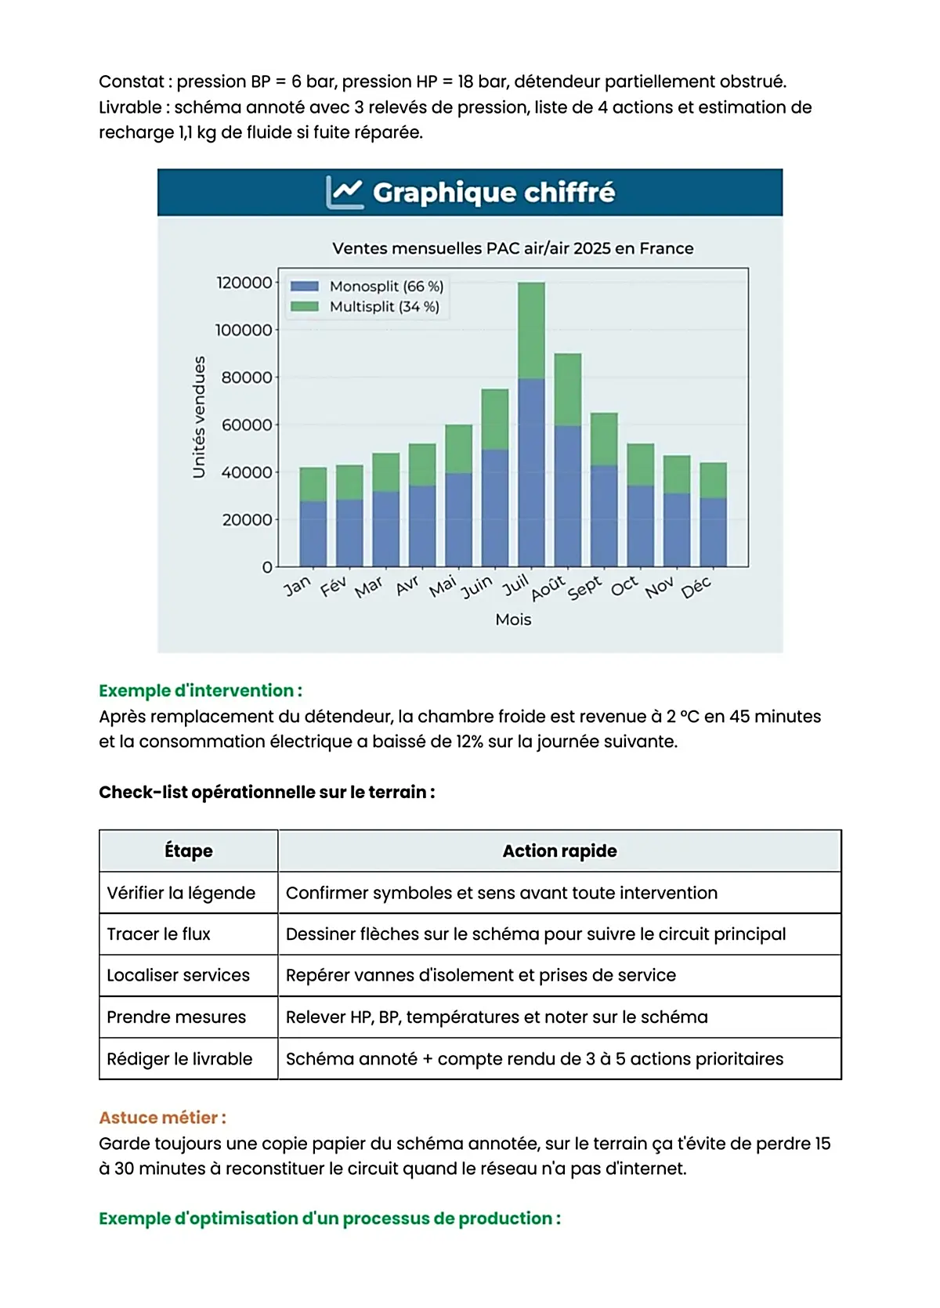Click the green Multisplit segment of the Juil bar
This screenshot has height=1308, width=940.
531,330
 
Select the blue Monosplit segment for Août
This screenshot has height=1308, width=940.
568,496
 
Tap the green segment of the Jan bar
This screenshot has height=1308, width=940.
313,484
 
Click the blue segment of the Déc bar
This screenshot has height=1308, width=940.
713,532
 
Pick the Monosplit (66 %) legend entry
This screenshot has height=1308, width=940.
367,287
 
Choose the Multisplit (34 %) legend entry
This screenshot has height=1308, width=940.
365,307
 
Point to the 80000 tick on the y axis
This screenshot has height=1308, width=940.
246,378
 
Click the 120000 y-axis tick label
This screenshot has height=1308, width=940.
244,283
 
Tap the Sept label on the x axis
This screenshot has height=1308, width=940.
584,588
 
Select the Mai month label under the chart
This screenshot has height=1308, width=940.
443,586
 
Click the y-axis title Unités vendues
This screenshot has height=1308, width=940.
199,417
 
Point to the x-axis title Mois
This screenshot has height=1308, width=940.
513,620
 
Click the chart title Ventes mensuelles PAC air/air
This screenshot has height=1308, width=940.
512,248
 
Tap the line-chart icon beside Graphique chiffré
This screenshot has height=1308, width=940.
345,192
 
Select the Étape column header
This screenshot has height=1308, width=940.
189,851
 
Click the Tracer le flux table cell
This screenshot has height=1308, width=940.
159,934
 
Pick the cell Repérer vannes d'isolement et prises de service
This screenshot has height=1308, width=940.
480,976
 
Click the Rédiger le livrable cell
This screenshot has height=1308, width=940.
179,1059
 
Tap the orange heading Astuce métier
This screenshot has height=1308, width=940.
162,1118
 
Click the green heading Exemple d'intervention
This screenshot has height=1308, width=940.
200,691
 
